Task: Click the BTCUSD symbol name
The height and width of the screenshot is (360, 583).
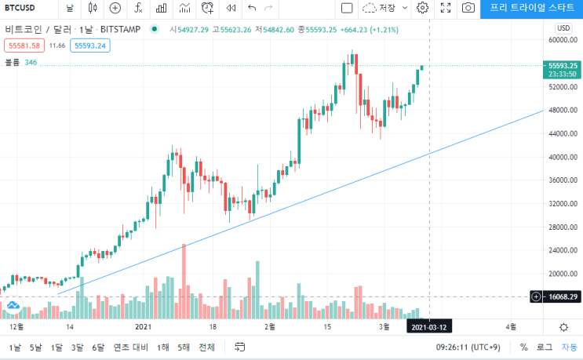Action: click(x=20, y=8)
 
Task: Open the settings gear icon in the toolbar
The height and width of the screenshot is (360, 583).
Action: click(x=422, y=8)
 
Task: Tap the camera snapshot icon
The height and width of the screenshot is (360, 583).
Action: click(x=468, y=8)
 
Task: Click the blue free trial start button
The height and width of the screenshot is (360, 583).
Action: click(x=532, y=8)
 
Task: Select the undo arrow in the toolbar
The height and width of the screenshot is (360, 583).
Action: click(x=252, y=8)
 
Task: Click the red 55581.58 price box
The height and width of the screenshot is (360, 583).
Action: click(x=24, y=45)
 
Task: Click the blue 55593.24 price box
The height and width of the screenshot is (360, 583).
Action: click(x=90, y=45)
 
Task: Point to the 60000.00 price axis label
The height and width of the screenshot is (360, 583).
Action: click(x=563, y=40)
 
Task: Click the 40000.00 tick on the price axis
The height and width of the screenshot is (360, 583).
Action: click(x=563, y=157)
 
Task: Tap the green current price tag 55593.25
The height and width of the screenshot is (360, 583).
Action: click(x=563, y=70)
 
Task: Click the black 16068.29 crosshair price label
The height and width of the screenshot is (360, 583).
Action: click(x=563, y=296)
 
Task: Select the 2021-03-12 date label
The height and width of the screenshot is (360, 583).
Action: click(x=429, y=327)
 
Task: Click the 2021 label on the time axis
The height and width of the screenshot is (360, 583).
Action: click(x=143, y=327)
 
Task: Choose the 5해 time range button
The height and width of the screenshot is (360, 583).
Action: click(x=184, y=347)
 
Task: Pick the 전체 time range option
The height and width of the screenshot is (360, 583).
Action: click(x=206, y=347)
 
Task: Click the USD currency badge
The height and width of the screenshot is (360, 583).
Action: click(x=563, y=28)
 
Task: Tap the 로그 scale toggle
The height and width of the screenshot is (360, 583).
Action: click(x=545, y=347)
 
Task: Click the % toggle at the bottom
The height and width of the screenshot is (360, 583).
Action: click(x=524, y=347)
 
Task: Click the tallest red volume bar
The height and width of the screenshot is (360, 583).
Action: click(x=184, y=282)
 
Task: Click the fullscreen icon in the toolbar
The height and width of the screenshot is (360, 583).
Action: click(x=446, y=8)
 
